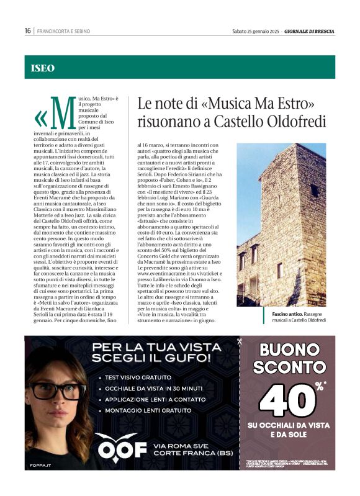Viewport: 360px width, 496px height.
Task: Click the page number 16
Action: click(28, 30)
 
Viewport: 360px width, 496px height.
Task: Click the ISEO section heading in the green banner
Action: click(43, 68)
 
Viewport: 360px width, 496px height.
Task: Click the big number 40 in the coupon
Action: click(285, 400)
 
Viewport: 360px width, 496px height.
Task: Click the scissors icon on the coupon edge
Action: click(239, 341)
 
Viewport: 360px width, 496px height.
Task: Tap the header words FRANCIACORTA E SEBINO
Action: click(64, 30)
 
